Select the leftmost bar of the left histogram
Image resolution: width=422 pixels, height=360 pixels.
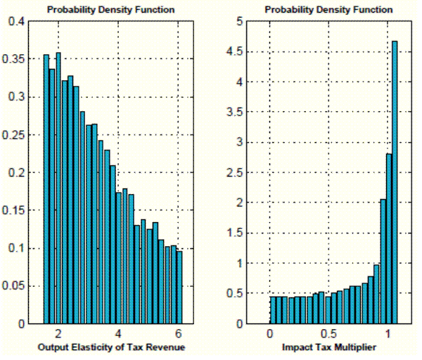click(46, 189)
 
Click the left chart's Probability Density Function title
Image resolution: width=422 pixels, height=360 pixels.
click(111, 9)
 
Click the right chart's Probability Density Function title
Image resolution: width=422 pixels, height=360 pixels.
click(327, 9)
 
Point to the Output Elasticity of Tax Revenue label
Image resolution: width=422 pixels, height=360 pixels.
click(111, 347)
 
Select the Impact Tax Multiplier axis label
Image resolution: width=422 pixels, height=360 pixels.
click(327, 347)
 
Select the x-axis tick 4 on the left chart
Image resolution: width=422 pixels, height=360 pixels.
click(119, 333)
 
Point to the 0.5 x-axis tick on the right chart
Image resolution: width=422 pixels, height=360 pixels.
click(327, 333)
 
